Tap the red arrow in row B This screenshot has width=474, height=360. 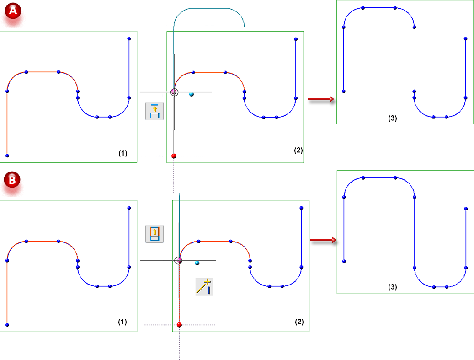(323, 240)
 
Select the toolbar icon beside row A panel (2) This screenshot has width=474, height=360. (154, 111)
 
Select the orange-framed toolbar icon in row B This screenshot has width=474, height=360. (154, 233)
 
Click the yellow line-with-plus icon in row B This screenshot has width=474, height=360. (204, 286)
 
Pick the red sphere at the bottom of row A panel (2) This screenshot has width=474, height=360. (174, 156)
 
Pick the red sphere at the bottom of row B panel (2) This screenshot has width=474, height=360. (179, 325)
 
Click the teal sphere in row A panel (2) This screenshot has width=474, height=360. (192, 94)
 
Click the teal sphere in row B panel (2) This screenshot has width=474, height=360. (197, 263)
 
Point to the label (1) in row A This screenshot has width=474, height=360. (122, 154)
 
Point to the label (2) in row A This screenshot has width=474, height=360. (298, 150)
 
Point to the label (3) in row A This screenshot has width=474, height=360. (392, 118)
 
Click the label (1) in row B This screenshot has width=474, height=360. (122, 322)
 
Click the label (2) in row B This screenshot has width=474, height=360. (299, 322)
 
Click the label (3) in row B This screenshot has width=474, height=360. (392, 287)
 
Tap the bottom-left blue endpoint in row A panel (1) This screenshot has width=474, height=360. (7, 156)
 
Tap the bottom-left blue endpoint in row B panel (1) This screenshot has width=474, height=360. (7, 324)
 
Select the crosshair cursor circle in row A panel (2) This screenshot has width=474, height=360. (174, 92)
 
